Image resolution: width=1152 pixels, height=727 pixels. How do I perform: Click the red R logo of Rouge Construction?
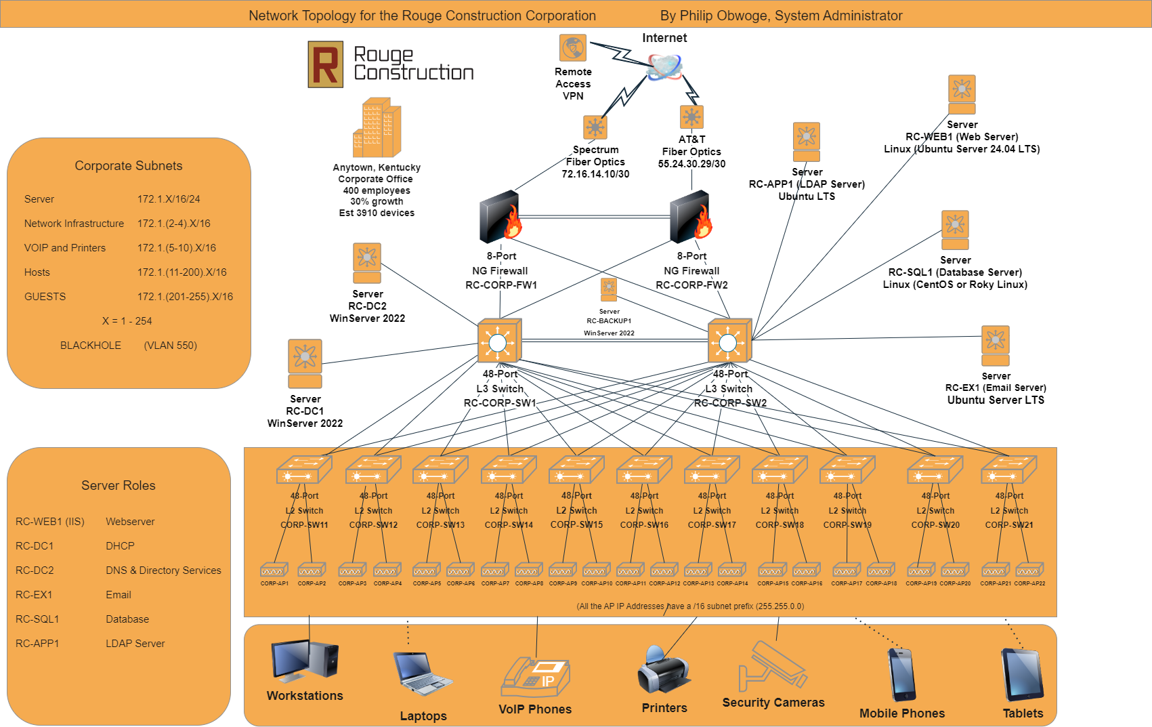click(325, 64)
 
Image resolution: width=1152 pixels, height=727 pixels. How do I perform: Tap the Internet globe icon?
click(664, 66)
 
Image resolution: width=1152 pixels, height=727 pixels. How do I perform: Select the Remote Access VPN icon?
click(573, 48)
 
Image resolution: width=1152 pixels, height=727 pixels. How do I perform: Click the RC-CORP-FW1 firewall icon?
click(500, 217)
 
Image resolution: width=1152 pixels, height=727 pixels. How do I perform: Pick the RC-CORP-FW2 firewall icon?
click(691, 217)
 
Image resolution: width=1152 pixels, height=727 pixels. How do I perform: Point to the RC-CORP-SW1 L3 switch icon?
click(499, 341)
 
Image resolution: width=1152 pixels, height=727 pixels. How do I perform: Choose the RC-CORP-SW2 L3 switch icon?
click(729, 341)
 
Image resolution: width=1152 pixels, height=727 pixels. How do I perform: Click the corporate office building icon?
click(377, 129)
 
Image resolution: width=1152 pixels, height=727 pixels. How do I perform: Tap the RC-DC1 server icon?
click(305, 363)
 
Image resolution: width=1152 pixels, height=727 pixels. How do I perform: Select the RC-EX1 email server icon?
click(996, 346)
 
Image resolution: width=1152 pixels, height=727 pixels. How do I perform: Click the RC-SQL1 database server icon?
click(955, 230)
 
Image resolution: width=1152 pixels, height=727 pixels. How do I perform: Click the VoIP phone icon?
click(535, 677)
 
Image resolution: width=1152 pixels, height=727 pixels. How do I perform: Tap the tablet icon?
click(1023, 675)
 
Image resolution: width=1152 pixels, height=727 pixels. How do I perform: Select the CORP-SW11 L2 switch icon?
click(304, 469)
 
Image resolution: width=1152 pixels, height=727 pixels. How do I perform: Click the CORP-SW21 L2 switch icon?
click(1009, 469)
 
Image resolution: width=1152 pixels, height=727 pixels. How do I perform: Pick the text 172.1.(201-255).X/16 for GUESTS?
click(185, 297)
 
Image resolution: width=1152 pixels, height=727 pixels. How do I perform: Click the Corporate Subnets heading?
click(129, 166)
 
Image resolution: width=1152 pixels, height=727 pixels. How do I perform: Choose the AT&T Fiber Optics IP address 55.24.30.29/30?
click(691, 164)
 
